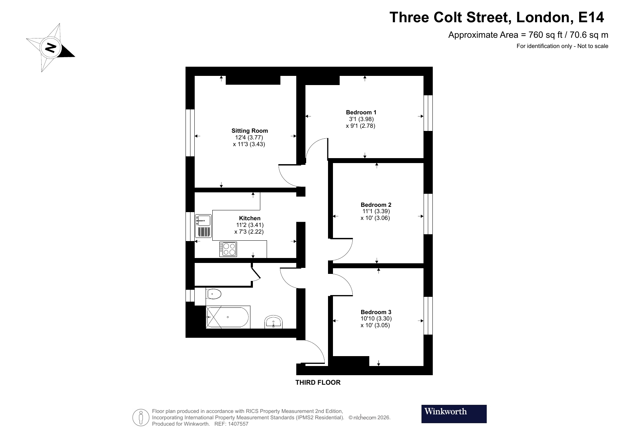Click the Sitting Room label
249,131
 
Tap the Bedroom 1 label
361,112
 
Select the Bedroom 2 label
376,205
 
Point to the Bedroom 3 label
376,312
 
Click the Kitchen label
250,218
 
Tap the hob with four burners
228,249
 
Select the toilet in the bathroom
214,294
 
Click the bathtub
228,317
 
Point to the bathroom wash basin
273,322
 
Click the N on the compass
51,47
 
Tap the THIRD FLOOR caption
318,382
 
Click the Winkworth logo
454,414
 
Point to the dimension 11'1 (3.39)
376,211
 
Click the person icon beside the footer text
141,418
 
